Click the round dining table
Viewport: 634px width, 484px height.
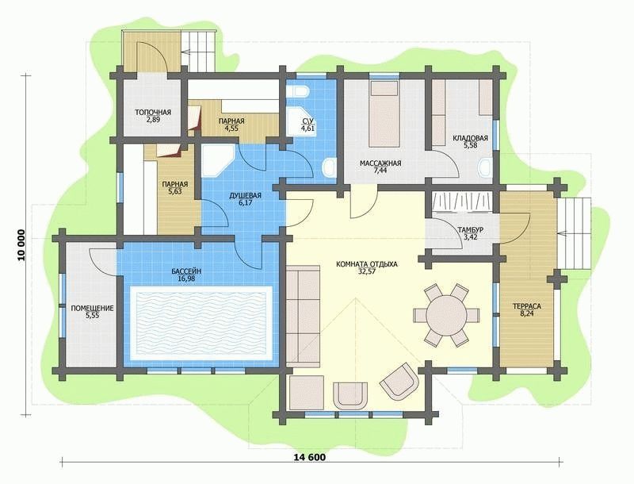446,314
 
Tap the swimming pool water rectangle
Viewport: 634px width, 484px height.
201,319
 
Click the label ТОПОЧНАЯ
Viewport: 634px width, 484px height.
152,113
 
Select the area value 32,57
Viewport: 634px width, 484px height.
366,271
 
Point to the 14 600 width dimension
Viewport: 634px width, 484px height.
310,458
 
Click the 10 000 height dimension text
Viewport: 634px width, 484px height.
21,246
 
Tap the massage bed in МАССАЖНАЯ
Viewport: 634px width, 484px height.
384,113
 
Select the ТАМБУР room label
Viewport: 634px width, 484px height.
468,230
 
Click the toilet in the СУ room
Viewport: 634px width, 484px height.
300,91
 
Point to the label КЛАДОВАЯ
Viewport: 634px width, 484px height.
470,138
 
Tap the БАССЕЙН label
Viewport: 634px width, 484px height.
186,271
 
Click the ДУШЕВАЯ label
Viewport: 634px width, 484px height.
245,196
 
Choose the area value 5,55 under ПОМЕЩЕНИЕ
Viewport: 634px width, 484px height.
92,315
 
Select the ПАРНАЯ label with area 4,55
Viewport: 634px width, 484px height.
231,121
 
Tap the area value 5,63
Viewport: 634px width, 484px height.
174,191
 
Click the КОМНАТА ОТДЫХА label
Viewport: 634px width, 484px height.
366,264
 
